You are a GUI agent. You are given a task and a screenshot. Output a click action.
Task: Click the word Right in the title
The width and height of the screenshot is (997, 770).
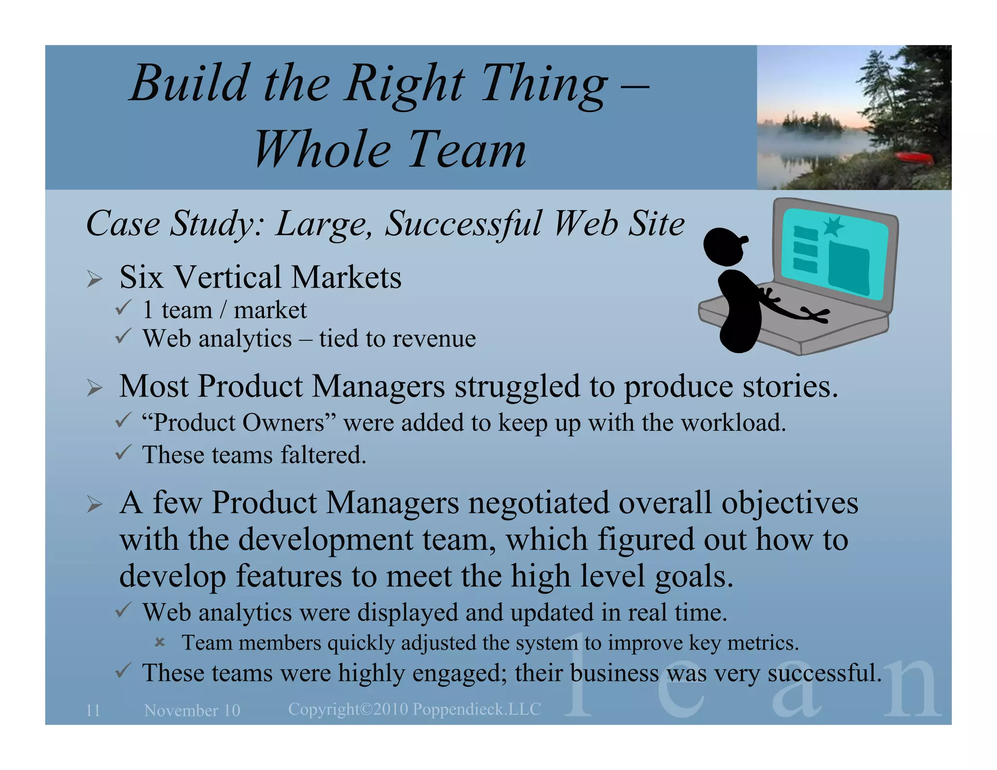point(404,84)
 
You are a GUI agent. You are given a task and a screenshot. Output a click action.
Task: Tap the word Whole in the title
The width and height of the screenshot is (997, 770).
point(322,150)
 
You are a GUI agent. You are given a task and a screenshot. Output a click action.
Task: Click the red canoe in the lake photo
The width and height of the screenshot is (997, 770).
point(915,158)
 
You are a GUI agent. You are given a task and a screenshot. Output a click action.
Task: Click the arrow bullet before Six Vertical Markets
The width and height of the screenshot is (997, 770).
point(95,279)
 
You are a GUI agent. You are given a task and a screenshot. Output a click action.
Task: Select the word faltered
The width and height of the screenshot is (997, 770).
point(323,455)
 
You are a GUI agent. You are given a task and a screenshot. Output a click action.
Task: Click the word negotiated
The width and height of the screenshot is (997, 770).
point(538,503)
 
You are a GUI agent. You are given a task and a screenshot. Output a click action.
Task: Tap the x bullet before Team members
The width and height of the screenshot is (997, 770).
point(160,642)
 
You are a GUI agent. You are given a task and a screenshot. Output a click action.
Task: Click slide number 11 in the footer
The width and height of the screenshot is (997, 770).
point(93,711)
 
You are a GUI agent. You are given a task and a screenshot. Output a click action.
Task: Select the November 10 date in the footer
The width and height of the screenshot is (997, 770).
point(192,711)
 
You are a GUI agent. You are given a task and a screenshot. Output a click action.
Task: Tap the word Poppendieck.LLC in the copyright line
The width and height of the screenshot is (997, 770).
point(477,709)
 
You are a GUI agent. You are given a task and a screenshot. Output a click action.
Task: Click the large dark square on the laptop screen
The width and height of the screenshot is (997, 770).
point(849,268)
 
